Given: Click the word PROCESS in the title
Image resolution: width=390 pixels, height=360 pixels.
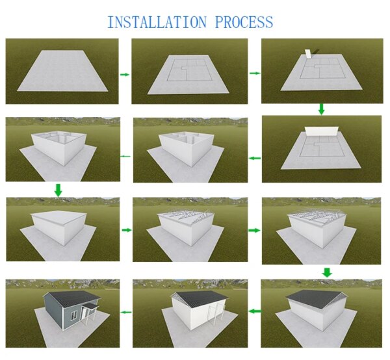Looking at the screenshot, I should (237, 22).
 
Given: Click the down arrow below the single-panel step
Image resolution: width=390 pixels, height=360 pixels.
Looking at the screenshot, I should (320, 109).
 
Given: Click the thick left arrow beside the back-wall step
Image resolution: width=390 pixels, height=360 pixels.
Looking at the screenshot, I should (255, 158).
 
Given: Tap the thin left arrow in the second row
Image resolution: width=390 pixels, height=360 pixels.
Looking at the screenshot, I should (125, 156).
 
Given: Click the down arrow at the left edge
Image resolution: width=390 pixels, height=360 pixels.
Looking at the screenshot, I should (58, 190).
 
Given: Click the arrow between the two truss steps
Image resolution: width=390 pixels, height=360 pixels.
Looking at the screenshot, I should (254, 230).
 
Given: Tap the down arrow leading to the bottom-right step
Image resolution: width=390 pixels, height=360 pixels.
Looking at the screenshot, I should (327, 272).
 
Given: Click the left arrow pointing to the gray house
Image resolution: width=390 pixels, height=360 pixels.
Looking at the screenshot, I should (125, 313).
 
